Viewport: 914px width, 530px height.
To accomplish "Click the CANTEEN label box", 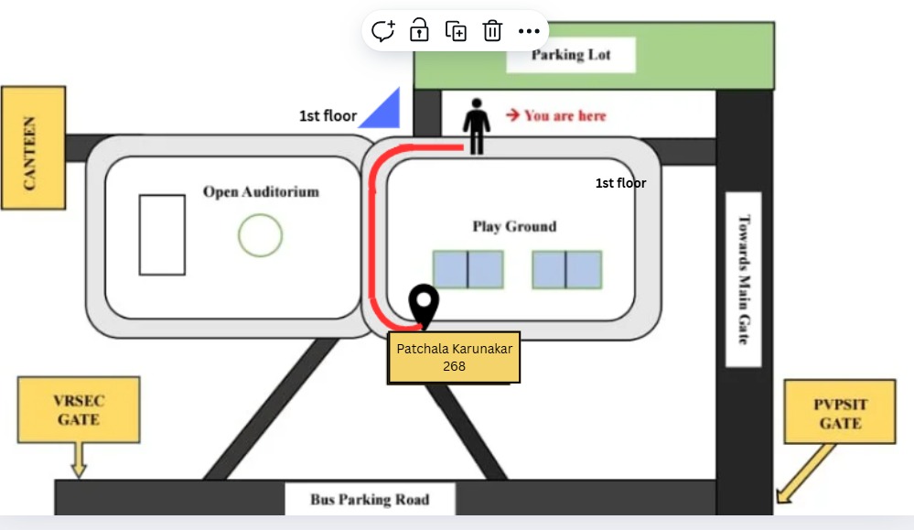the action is click(x=33, y=147).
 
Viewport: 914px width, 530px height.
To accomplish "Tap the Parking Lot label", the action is click(x=571, y=55).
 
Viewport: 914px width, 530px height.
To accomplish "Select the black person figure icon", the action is click(x=477, y=126).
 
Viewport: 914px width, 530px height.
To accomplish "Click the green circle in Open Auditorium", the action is click(x=260, y=235).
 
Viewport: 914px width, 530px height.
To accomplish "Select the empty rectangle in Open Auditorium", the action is click(x=162, y=235).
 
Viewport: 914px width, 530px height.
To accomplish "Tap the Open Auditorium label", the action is click(x=261, y=192).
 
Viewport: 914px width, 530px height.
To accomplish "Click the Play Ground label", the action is click(x=514, y=226).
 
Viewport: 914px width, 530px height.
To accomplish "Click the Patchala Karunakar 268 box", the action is click(x=454, y=357).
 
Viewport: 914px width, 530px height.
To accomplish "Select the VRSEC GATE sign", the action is click(x=79, y=410).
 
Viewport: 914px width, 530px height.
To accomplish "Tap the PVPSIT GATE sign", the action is click(x=839, y=412).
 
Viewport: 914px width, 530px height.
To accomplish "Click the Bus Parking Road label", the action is click(x=370, y=500).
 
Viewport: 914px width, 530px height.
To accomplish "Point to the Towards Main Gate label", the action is click(x=744, y=279).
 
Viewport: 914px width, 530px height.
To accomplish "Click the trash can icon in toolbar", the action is click(x=492, y=30).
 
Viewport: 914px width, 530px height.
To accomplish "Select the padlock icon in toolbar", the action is click(x=419, y=29).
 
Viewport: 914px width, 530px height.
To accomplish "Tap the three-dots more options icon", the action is click(x=529, y=31).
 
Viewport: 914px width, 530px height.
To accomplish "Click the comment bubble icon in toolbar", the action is click(x=383, y=30).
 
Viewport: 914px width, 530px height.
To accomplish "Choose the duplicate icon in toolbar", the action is click(x=456, y=31).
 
